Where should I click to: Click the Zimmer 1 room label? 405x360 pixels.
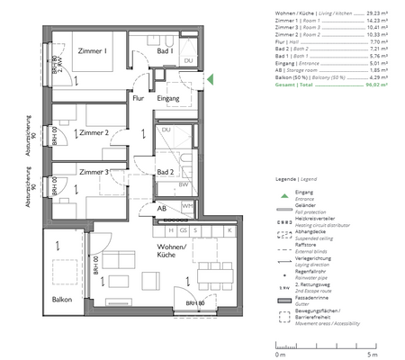point(93,52)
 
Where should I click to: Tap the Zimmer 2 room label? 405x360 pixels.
point(94,133)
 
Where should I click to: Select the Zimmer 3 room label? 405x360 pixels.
point(94,171)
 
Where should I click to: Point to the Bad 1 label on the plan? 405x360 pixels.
point(165,52)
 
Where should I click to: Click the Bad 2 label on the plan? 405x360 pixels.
point(165,171)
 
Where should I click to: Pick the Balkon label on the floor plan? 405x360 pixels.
point(61,300)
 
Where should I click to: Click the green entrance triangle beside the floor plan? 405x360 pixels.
point(210,80)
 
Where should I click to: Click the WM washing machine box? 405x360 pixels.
point(188,205)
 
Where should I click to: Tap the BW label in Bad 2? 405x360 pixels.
point(184,184)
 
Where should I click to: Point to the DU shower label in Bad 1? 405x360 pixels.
point(188,61)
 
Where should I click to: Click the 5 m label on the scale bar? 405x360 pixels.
point(360,346)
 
